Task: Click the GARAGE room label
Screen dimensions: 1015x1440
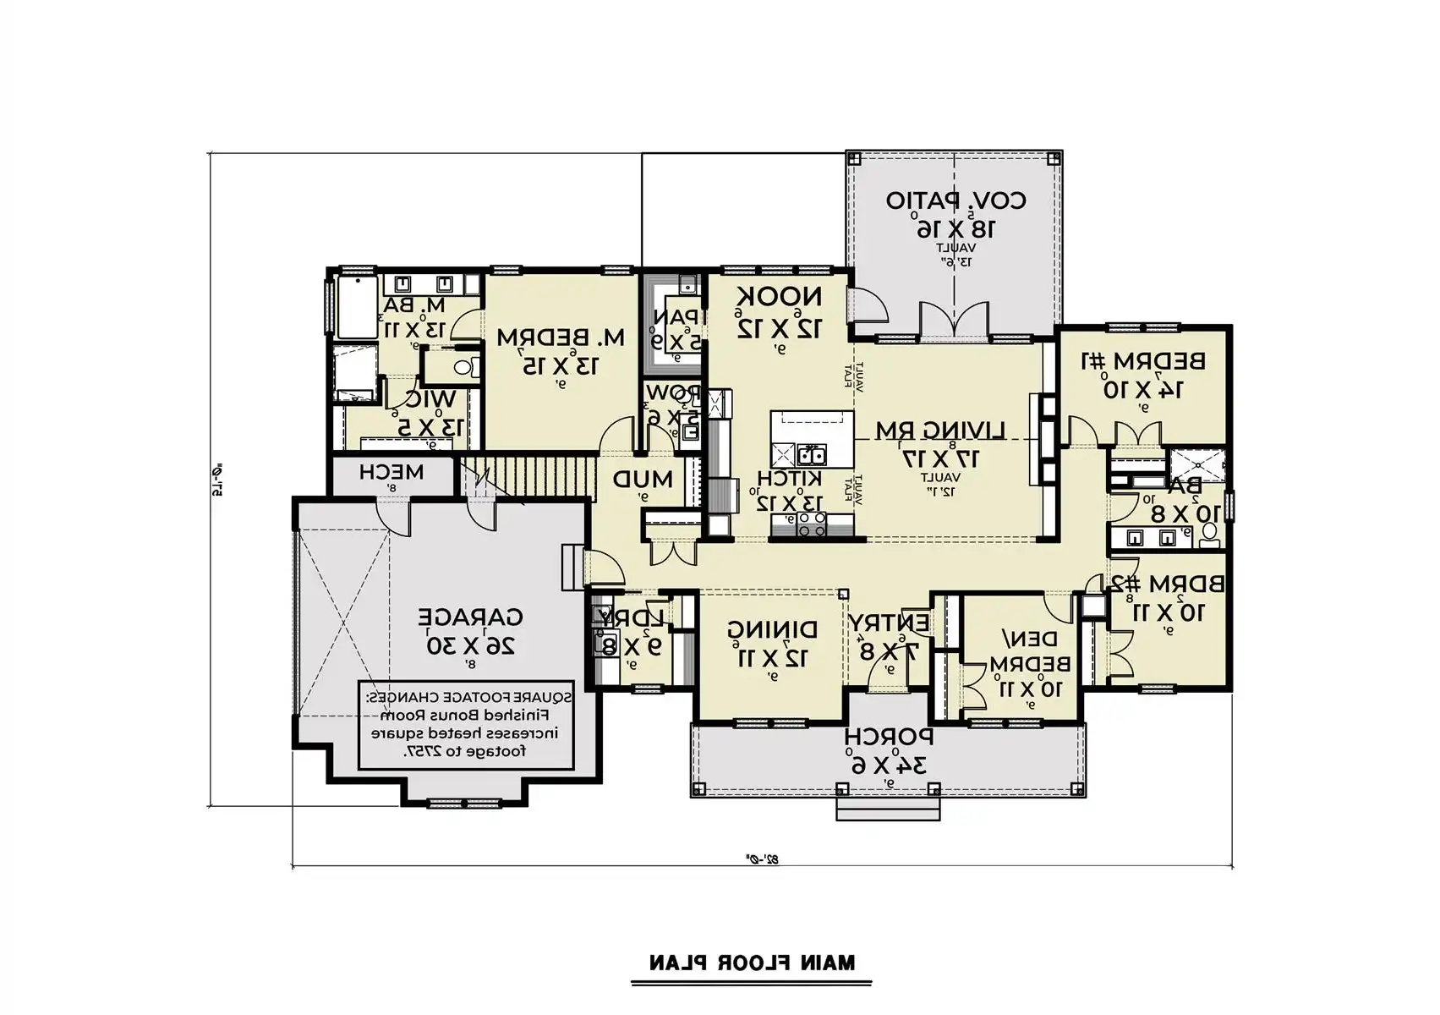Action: coord(470,617)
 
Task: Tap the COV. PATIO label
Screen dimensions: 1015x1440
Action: coord(955,201)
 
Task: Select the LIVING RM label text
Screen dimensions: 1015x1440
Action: coord(939,431)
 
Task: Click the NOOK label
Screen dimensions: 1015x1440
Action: coord(779,297)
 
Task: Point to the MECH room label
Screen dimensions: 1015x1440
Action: coord(391,472)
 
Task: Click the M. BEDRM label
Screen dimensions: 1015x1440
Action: coord(561,337)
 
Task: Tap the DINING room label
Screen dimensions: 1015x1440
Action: coord(772,629)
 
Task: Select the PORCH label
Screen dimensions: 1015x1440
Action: coord(888,737)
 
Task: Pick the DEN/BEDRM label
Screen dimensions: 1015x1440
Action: coord(1029,650)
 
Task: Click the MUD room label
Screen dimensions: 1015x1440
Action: coord(643,480)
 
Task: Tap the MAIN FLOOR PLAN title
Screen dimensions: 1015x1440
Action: coord(751,963)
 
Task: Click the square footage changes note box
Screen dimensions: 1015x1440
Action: coord(466,725)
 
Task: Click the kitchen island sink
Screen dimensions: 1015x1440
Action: coord(813,455)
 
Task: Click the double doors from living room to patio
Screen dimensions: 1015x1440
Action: coord(954,321)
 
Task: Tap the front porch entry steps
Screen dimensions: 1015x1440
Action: coord(888,809)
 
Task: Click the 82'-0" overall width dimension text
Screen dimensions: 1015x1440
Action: coord(761,859)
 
